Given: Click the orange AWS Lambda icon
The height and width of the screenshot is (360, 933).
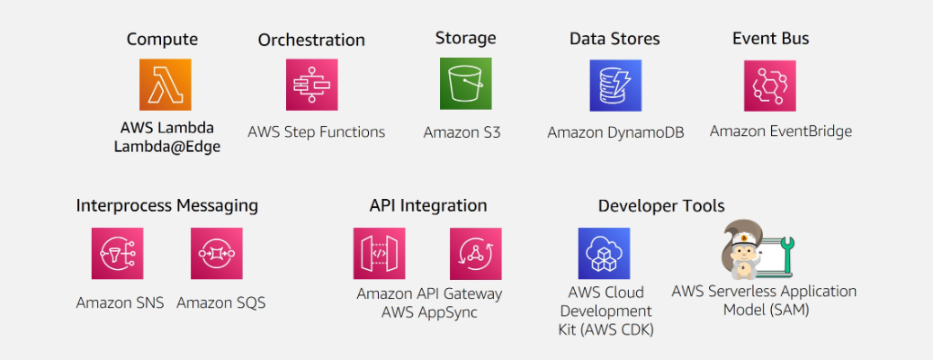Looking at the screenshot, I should click(x=165, y=85).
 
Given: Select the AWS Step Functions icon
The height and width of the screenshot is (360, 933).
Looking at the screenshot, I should click(x=312, y=85).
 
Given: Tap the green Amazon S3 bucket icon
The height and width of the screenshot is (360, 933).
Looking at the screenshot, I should click(x=465, y=84).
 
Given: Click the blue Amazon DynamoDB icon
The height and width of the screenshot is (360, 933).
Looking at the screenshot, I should click(x=615, y=85).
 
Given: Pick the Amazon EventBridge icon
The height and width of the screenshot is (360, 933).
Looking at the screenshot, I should click(x=769, y=85).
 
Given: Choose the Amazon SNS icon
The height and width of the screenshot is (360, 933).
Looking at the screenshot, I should click(x=117, y=253).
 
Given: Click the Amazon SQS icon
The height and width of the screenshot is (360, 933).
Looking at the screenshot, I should click(x=216, y=253).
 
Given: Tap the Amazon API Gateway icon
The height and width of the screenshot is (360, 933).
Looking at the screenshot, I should click(x=379, y=253).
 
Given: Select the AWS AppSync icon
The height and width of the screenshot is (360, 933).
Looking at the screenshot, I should click(x=476, y=253).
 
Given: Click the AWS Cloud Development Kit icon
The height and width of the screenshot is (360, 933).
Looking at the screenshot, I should click(x=604, y=253).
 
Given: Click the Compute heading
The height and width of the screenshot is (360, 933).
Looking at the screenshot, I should click(x=162, y=39).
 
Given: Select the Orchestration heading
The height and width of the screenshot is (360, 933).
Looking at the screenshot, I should click(x=311, y=40).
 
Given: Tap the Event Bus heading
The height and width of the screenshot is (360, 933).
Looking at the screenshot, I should click(x=770, y=38).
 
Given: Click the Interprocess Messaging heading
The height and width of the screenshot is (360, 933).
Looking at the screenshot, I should click(x=166, y=205).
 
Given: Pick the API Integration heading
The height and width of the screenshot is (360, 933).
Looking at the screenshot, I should click(x=428, y=205).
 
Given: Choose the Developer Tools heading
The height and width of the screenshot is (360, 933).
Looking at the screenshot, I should click(x=661, y=206).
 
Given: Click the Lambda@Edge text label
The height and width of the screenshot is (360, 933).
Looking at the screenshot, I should click(x=166, y=148).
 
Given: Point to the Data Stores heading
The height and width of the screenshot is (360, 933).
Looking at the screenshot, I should click(x=615, y=39).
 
